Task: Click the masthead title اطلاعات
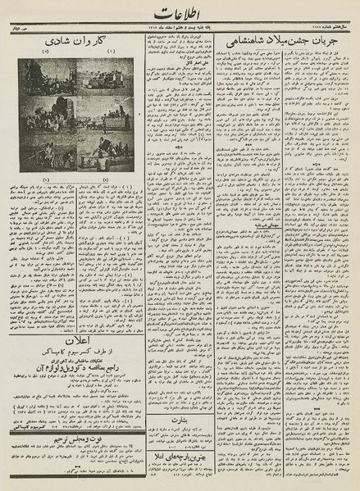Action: click(x=180, y=16)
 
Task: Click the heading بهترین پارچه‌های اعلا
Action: click(x=179, y=464)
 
